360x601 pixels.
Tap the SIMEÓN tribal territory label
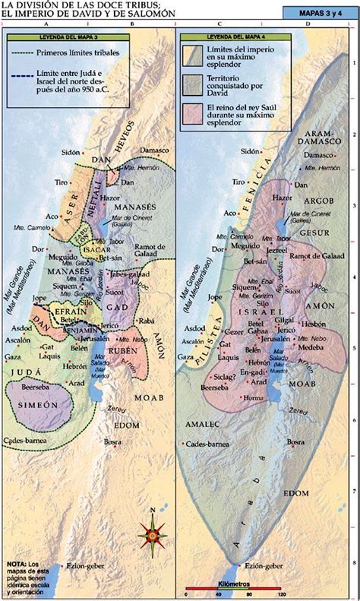[x=33, y=405]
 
